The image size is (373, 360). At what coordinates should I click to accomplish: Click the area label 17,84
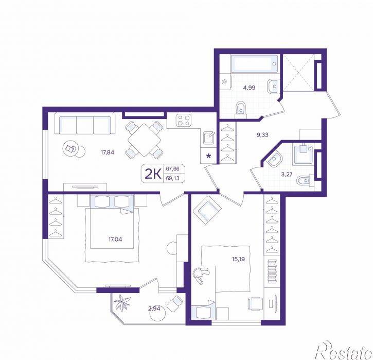point(108,152)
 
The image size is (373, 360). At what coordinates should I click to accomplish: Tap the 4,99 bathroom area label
point(249,88)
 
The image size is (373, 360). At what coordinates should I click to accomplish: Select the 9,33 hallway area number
point(262,135)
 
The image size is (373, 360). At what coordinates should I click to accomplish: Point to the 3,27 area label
point(287,174)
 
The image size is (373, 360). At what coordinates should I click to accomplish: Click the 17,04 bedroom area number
point(115,239)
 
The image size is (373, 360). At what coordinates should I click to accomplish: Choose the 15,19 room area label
point(238,259)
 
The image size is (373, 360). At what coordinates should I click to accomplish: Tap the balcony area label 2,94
point(154,308)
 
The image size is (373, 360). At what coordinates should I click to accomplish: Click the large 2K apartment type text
point(153,174)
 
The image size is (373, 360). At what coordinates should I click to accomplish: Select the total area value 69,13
point(172,178)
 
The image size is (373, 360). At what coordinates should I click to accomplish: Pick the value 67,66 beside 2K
point(172,169)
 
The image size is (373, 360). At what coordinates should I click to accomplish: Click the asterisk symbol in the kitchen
point(208,156)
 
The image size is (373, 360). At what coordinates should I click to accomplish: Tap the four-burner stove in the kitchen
point(184,120)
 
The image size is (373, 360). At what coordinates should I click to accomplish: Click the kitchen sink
point(209,138)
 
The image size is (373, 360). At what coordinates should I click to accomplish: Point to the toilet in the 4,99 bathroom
point(241,110)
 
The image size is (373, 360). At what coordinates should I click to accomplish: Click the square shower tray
point(304,155)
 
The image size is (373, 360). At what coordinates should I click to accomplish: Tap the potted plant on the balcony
point(122,302)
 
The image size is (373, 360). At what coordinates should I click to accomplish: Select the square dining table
point(144,140)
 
